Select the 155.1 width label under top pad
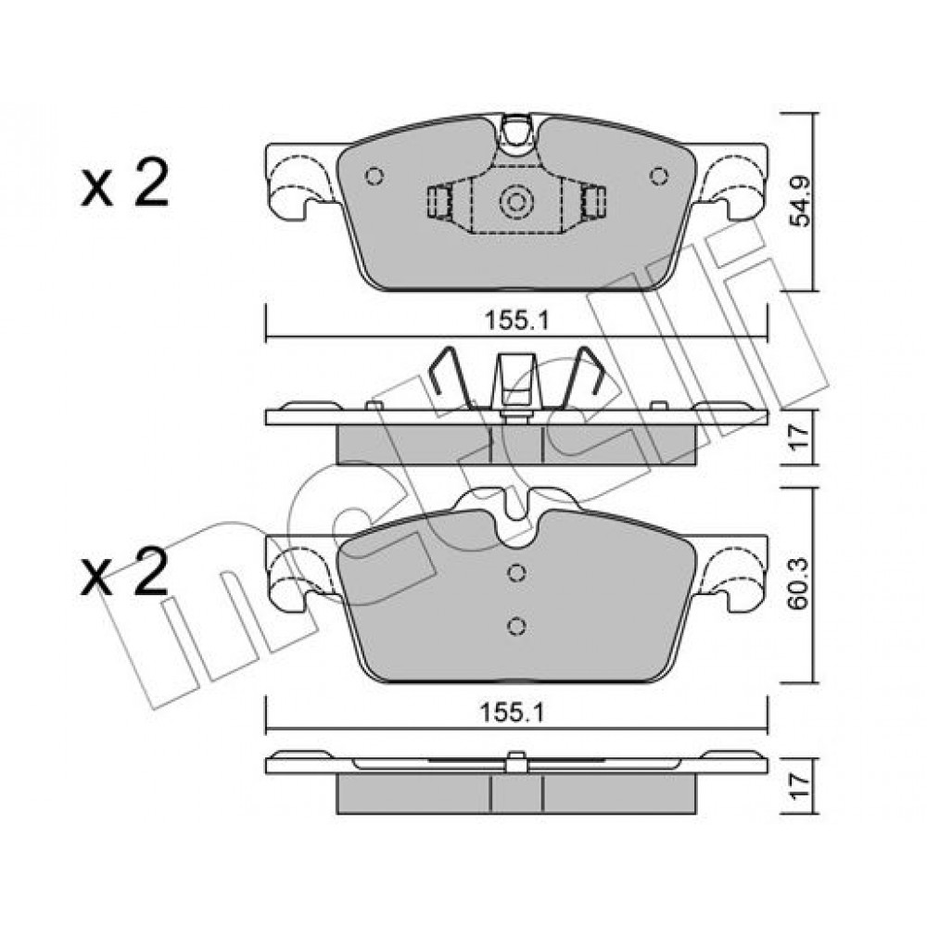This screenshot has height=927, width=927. pyautogui.click(x=516, y=321)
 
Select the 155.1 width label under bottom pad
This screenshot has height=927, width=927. pyautogui.click(x=512, y=712)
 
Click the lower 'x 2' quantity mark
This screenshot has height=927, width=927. pyautogui.click(x=125, y=570)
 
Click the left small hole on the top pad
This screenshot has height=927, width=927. pyautogui.click(x=375, y=176)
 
